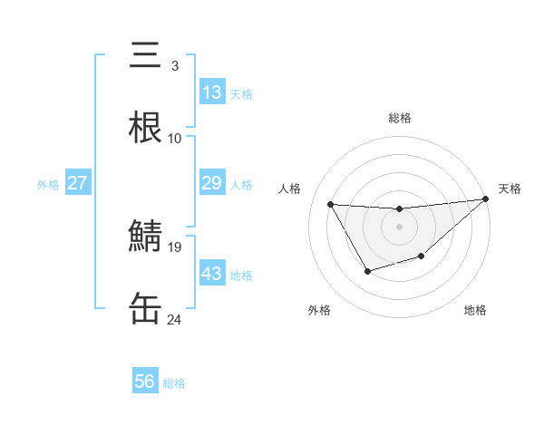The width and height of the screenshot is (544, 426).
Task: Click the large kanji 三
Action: (x=146, y=56)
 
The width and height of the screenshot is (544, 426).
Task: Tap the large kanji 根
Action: (x=146, y=128)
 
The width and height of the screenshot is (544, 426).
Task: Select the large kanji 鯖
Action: (x=146, y=237)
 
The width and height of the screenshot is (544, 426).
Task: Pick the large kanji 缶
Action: (x=146, y=309)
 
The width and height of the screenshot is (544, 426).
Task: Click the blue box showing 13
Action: (x=212, y=92)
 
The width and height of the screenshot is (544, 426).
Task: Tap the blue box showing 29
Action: (x=212, y=183)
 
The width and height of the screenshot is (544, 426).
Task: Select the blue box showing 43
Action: (x=212, y=274)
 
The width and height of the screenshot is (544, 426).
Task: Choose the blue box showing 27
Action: (x=77, y=183)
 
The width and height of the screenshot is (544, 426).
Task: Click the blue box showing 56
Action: (x=145, y=382)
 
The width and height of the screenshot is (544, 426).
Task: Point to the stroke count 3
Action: (x=175, y=66)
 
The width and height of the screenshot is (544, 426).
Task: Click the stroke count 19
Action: (x=175, y=247)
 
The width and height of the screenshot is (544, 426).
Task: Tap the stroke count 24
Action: (x=175, y=319)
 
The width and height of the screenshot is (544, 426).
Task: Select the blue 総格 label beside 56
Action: (x=174, y=383)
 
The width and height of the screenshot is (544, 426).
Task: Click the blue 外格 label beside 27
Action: (x=48, y=185)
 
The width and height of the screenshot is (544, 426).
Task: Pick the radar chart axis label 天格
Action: (x=510, y=189)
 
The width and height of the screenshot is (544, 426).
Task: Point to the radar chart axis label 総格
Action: (x=399, y=118)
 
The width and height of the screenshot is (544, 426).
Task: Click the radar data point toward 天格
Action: (x=485, y=199)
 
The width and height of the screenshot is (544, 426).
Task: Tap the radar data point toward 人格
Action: (x=331, y=204)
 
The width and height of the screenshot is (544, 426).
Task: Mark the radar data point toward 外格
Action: (x=367, y=271)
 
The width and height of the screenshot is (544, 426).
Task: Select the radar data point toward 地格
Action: (x=422, y=257)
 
